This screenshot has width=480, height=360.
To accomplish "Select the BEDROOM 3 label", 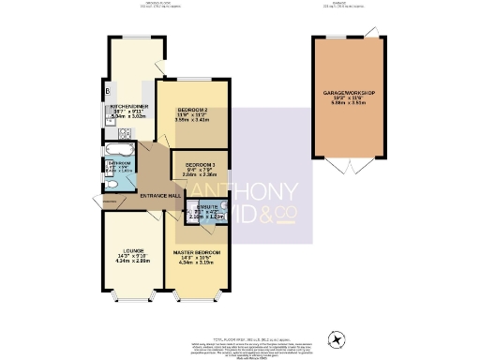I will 199,164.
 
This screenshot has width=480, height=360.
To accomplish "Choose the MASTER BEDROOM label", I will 196,252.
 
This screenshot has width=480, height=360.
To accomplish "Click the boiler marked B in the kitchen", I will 109,90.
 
